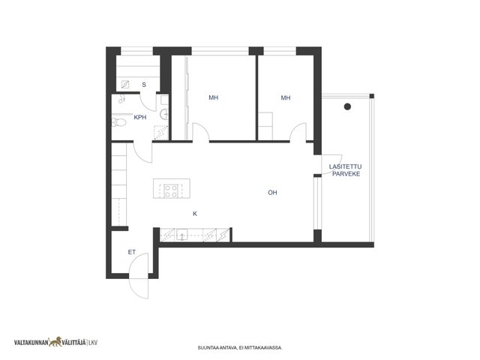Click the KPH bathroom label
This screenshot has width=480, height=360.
coord(140,117)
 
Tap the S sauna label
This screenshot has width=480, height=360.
coord(144,85)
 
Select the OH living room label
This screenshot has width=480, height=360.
coord(272,193)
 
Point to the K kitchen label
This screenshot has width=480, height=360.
coord(195,214)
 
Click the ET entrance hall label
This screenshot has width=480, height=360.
coord(132,252)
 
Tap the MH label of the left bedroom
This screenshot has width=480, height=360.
coord(213,97)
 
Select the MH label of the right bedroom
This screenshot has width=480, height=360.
coord(286,97)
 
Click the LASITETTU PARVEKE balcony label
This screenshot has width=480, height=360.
coord(346,170)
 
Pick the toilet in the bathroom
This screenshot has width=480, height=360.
coord(119,122)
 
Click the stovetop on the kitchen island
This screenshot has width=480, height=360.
coord(171,190)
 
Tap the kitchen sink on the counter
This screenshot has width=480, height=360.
coord(181,235)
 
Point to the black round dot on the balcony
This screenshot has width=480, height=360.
coord(347,106)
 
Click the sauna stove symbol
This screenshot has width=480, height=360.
coord(125,85)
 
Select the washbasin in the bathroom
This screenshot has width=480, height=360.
coord(164,114)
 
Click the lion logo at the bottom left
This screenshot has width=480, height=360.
coord(55,342)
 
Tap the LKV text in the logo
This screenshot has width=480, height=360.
coord(93,343)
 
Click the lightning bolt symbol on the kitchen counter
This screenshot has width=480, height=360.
coord(223,235)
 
